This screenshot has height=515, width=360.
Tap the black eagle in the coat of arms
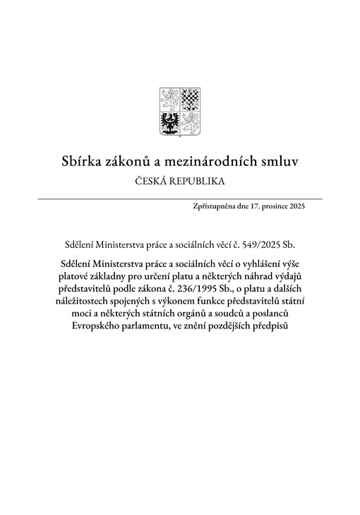coord(169,122)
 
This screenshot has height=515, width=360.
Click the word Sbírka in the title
coord(83,162)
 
